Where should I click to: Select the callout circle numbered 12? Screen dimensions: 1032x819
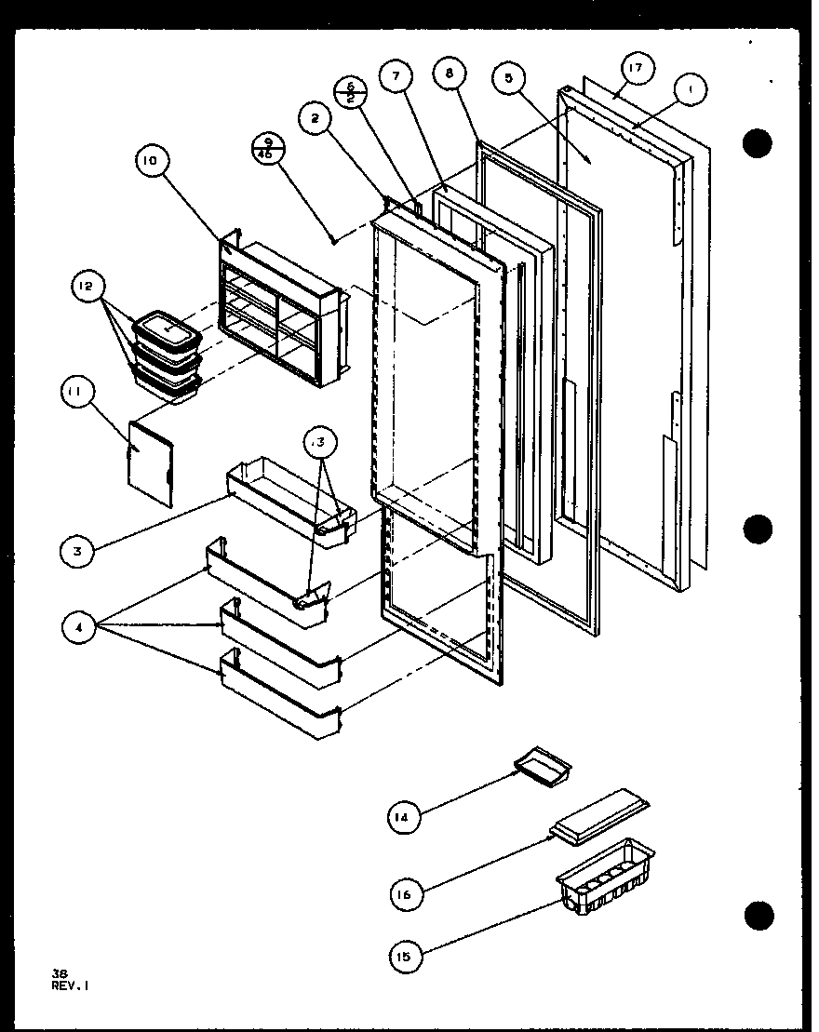click(87, 288)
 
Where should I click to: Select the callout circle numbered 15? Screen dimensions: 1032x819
click(407, 955)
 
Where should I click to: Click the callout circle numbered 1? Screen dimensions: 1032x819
click(690, 90)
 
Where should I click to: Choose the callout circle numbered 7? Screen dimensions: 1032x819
click(396, 78)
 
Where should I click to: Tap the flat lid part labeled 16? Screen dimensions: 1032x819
click(600, 816)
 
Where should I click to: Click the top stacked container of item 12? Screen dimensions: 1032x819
click(168, 328)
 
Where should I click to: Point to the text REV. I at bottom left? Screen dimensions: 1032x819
click(70, 983)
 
